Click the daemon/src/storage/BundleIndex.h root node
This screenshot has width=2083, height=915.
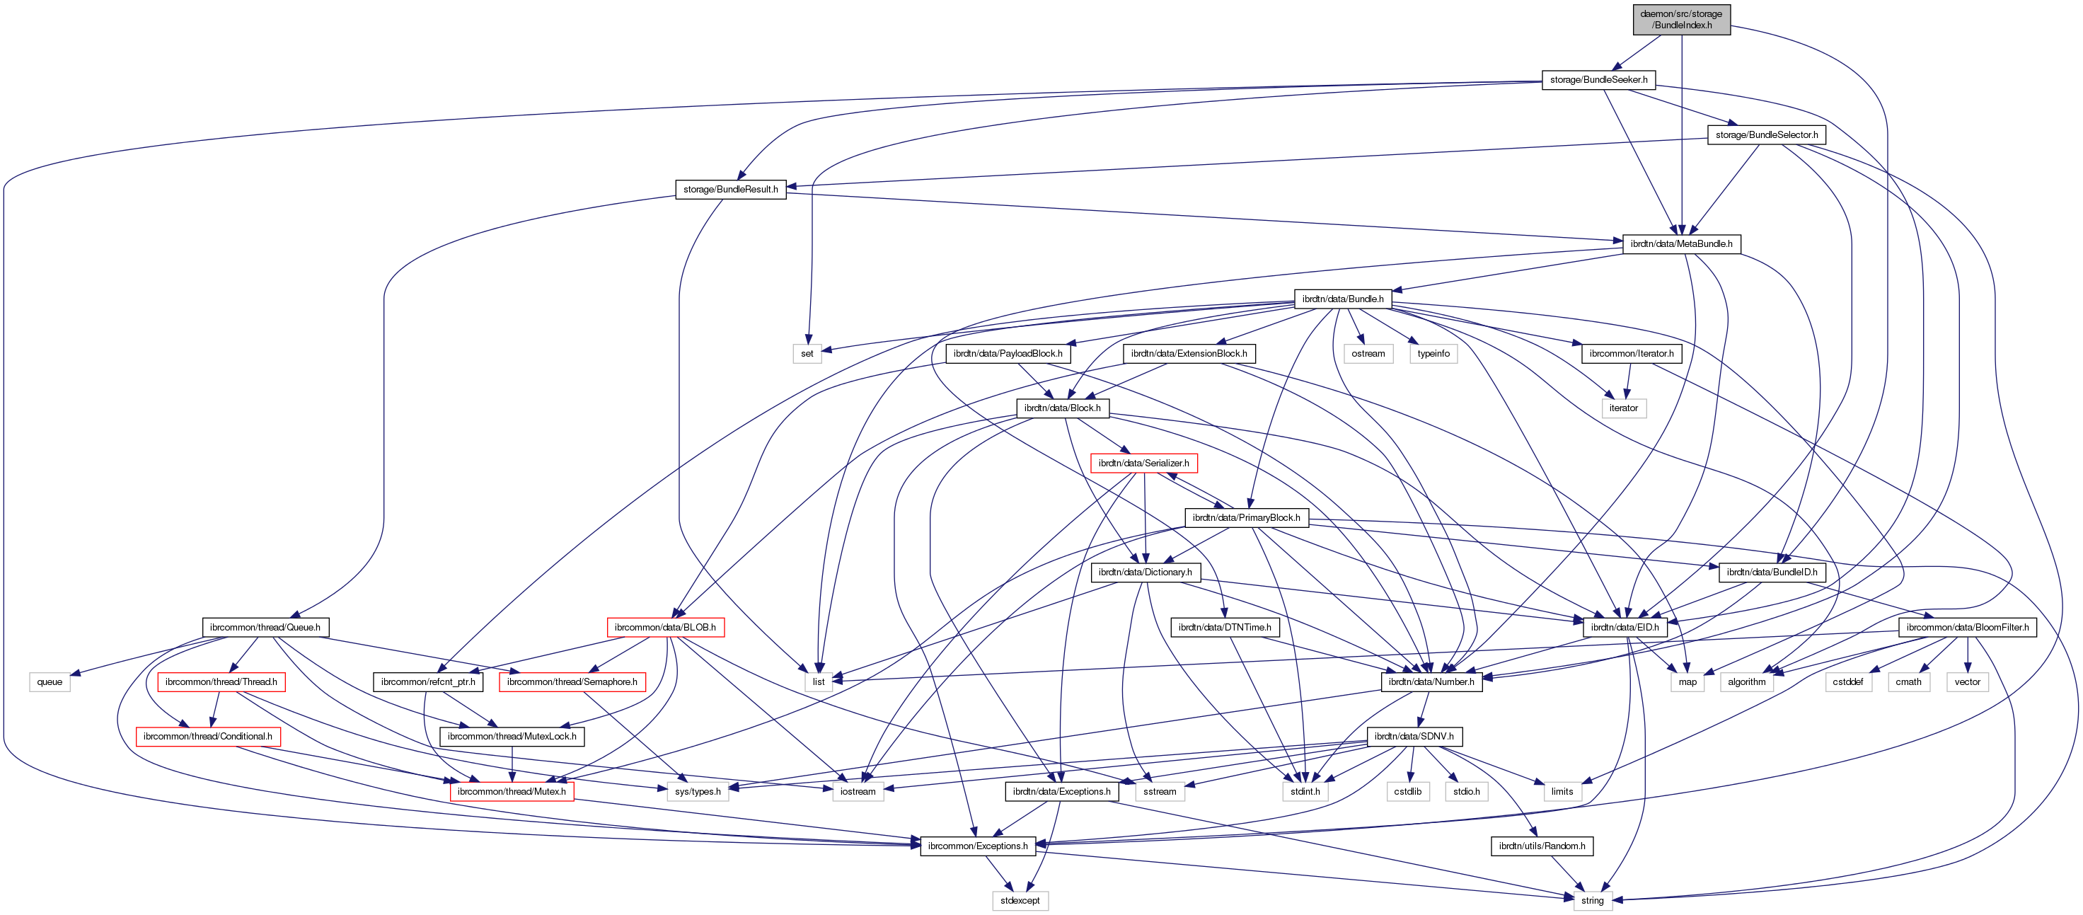pyautogui.click(x=1681, y=19)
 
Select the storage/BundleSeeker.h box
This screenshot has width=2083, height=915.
pyautogui.click(x=1598, y=80)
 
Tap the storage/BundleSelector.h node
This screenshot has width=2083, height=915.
pyautogui.click(x=1766, y=135)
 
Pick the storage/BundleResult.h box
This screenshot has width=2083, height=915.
pyautogui.click(x=730, y=190)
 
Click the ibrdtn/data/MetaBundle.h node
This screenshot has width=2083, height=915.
pyautogui.click(x=1680, y=243)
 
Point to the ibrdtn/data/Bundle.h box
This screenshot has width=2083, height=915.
pyautogui.click(x=1342, y=299)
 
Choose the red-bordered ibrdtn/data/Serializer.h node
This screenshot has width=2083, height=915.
pyautogui.click(x=1143, y=463)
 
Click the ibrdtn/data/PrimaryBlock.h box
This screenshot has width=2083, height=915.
pyautogui.click(x=1246, y=518)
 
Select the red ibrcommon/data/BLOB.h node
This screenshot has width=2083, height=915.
pyautogui.click(x=664, y=627)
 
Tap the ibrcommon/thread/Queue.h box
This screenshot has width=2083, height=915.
pyautogui.click(x=265, y=627)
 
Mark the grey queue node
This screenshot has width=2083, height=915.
pyautogui.click(x=50, y=682)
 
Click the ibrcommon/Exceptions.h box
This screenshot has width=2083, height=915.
pyautogui.click(x=978, y=846)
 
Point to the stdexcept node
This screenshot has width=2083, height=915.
pyautogui.click(x=1020, y=900)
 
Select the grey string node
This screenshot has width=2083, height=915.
pyautogui.click(x=1592, y=900)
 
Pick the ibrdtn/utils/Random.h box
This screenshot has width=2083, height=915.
pyautogui.click(x=1541, y=846)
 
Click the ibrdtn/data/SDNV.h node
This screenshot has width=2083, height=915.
pyautogui.click(x=1414, y=736)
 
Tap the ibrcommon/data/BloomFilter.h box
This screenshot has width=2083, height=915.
pyautogui.click(x=1966, y=627)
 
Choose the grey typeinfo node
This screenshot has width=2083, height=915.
pyautogui.click(x=1433, y=354)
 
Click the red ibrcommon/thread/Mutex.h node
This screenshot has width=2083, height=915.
pyautogui.click(x=511, y=791)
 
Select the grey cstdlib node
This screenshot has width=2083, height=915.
pyautogui.click(x=1408, y=791)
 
